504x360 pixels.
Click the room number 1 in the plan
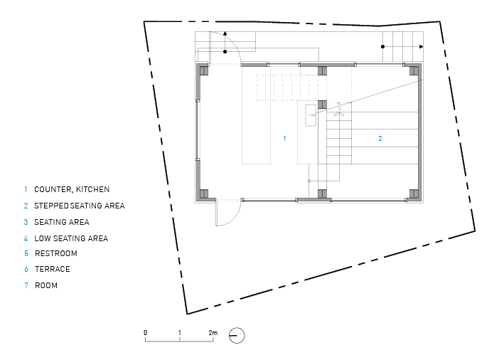point(284,138)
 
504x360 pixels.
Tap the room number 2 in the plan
point(380,138)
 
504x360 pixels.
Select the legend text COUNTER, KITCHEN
point(72,189)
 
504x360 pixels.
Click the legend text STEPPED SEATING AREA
point(80,206)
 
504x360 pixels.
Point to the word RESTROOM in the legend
point(56,253)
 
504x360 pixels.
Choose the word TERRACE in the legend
point(53,269)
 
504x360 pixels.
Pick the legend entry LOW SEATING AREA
point(71,238)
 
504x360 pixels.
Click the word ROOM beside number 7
point(46,285)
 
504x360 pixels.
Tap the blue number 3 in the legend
point(26,222)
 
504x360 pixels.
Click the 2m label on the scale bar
point(213,333)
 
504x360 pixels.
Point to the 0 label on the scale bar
point(146,333)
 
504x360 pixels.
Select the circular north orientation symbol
point(237,336)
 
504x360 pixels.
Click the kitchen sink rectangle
point(311,115)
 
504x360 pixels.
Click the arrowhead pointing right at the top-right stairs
point(421,47)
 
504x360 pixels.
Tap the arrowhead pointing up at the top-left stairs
point(225,33)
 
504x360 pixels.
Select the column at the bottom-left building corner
point(204,194)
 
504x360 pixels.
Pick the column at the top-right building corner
point(414,70)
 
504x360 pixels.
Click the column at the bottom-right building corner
point(414,194)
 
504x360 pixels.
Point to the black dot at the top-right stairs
point(383,47)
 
